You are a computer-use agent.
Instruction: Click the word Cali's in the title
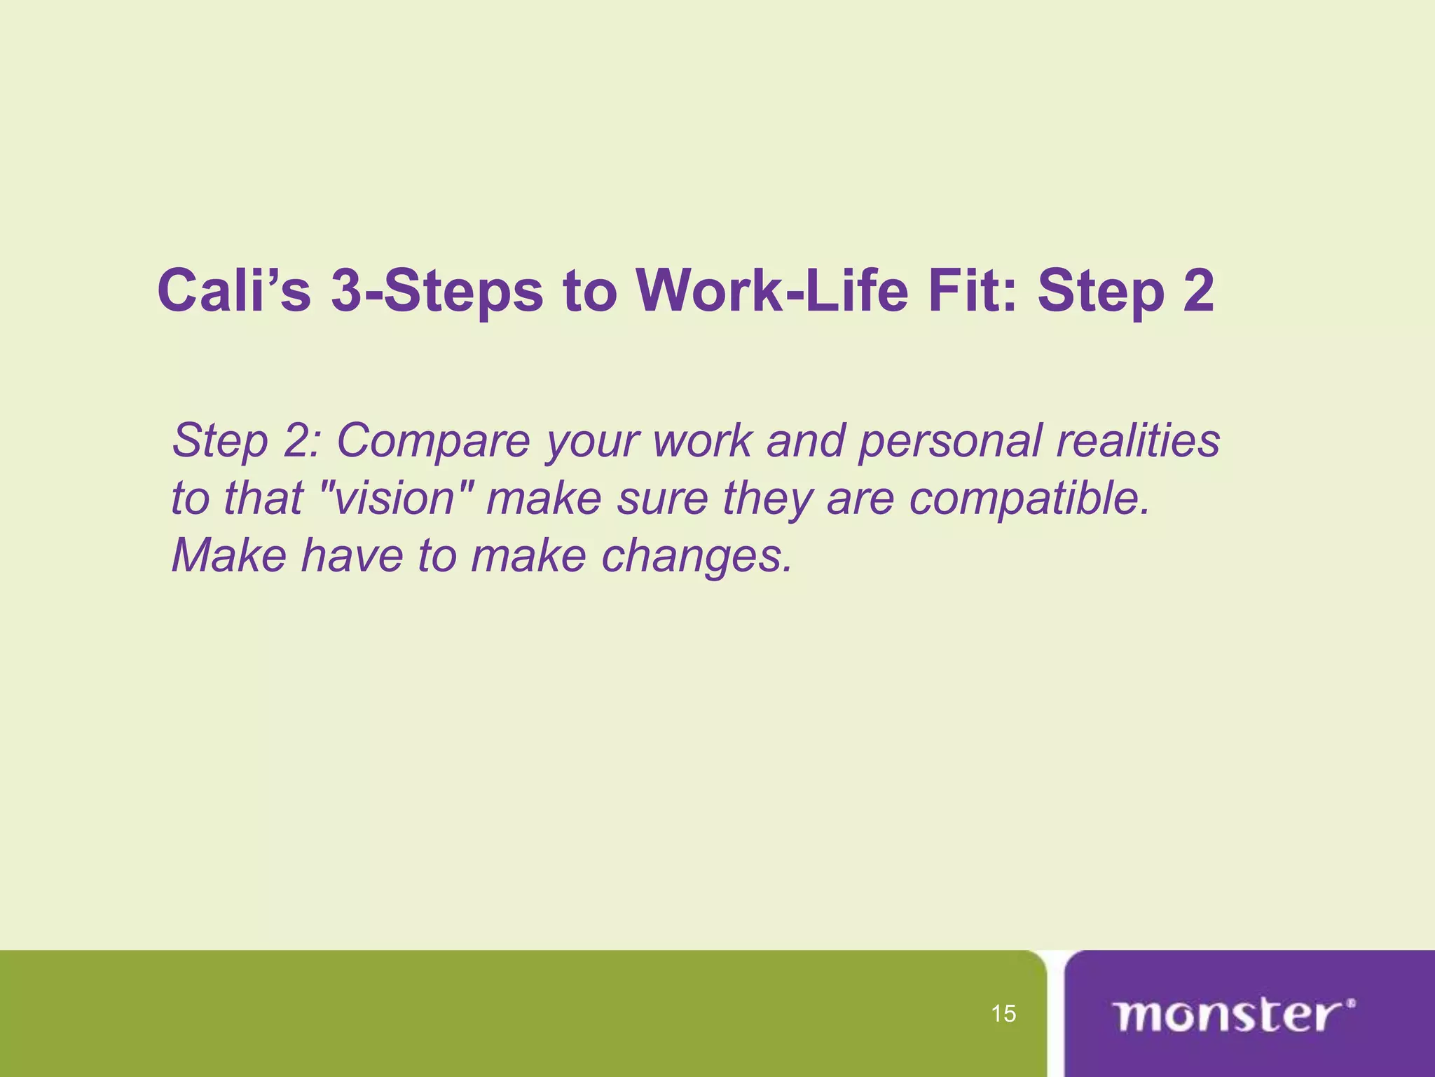(x=234, y=291)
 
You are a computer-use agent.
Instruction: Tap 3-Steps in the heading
(x=437, y=291)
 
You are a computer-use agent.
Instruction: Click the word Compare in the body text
(x=433, y=441)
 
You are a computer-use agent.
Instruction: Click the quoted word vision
(x=396, y=499)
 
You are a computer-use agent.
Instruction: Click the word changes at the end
(x=696, y=556)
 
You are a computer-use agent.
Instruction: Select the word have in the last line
(x=352, y=556)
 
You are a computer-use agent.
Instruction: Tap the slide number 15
(x=1003, y=1014)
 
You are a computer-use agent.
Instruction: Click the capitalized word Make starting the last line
(x=228, y=556)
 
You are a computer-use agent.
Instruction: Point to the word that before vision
(x=263, y=499)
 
